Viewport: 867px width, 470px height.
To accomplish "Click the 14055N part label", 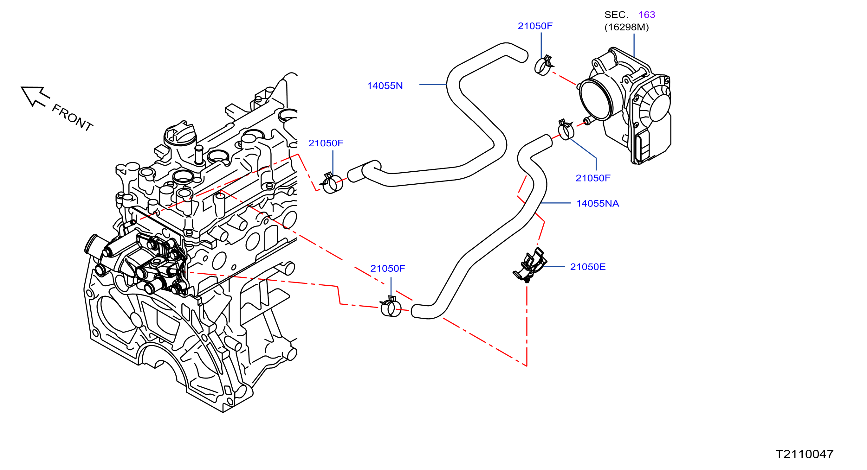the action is (385, 86).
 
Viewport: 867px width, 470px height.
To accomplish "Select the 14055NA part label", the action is (598, 203).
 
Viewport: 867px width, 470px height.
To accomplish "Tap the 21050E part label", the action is (588, 267).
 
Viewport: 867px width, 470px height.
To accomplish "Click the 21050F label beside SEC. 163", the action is (535, 26).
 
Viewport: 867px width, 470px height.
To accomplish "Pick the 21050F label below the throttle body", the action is (593, 178).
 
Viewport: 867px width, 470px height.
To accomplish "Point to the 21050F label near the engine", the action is (326, 143).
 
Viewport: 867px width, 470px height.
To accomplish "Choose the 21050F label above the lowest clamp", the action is (387, 268).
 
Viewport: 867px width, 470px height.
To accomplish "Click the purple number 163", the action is (647, 15).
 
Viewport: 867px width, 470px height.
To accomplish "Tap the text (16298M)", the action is (626, 27).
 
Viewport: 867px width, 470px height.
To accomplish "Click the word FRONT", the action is (72, 118).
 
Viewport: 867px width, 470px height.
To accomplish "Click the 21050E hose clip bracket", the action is (530, 265).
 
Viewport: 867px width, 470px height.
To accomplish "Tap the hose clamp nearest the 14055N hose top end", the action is (543, 66).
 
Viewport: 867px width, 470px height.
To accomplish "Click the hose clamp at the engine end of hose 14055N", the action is (332, 183).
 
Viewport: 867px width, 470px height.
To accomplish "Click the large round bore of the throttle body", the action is (596, 99).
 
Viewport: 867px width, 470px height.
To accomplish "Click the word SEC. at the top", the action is (616, 15).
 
